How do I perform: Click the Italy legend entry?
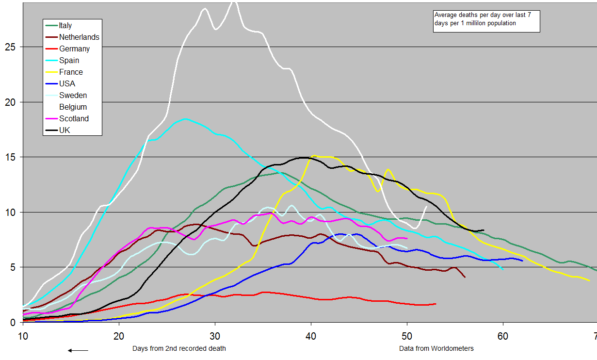coord(65,26)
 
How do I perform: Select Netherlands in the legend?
coord(79,37)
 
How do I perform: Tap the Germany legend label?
coord(74,49)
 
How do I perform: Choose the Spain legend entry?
coord(69,61)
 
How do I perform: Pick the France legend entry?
coord(71,72)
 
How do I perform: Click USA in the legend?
coord(67,84)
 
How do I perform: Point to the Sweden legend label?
coord(73,96)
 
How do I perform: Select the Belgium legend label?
coord(73,107)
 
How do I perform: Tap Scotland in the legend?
coord(74,119)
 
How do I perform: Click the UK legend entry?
coord(65,131)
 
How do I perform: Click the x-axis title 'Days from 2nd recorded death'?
coord(179,348)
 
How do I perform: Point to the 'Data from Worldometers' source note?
coord(436,348)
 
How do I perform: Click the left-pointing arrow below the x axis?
coord(78,350)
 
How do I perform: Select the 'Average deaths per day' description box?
coord(486,21)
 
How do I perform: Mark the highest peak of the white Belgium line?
coord(234,2)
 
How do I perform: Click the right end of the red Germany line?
coord(436,304)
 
